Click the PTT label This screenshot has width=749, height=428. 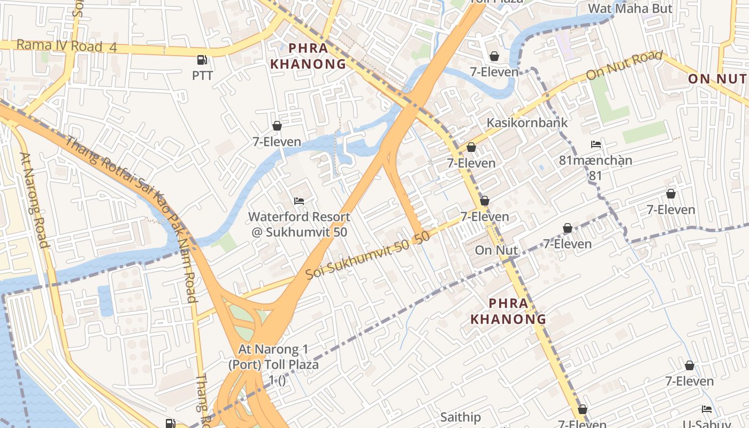(x=202, y=75)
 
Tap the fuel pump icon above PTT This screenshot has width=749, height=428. (x=202, y=60)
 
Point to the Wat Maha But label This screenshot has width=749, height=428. (x=630, y=9)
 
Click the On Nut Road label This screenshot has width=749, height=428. (x=624, y=65)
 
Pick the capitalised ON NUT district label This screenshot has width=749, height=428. (x=717, y=79)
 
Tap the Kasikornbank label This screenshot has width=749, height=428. (x=527, y=123)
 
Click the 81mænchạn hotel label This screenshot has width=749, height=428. (x=595, y=160)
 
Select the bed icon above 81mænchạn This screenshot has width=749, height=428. (x=596, y=144)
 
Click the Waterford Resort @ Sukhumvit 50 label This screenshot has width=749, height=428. (x=299, y=224)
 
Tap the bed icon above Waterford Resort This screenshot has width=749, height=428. (x=299, y=202)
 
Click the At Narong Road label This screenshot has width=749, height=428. (x=34, y=200)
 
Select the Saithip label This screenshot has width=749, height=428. (x=461, y=417)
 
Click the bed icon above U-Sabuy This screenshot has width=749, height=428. (x=707, y=409)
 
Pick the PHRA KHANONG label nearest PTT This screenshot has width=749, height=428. (x=308, y=56)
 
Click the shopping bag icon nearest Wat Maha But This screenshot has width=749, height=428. (x=494, y=56)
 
